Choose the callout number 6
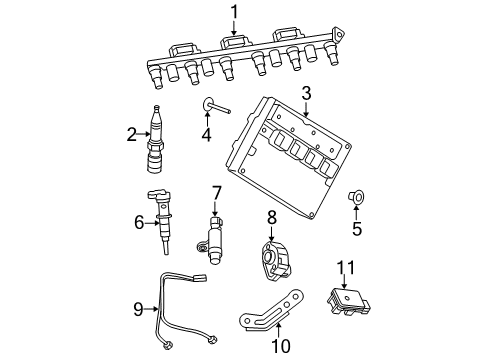(x=138, y=222)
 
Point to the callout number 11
(x=345, y=265)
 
